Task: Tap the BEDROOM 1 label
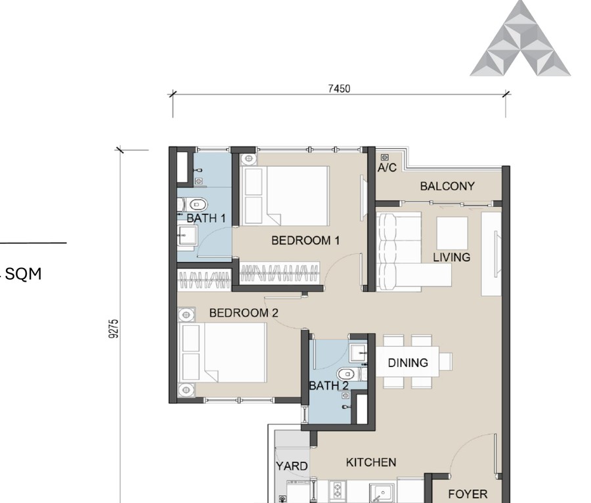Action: click(x=305, y=240)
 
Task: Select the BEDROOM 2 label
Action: click(x=244, y=313)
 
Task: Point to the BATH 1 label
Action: click(x=206, y=218)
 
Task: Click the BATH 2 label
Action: click(x=328, y=386)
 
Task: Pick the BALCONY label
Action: click(x=447, y=186)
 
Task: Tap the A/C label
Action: click(x=387, y=168)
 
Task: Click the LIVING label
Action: click(x=451, y=257)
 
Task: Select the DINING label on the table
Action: click(x=408, y=362)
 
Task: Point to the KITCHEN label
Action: click(x=371, y=462)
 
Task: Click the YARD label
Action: click(x=291, y=466)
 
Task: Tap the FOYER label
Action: click(x=468, y=494)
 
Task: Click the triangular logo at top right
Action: click(x=520, y=39)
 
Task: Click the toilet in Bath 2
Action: click(x=351, y=374)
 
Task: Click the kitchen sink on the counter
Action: click(x=381, y=492)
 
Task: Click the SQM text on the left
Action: click(x=24, y=274)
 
